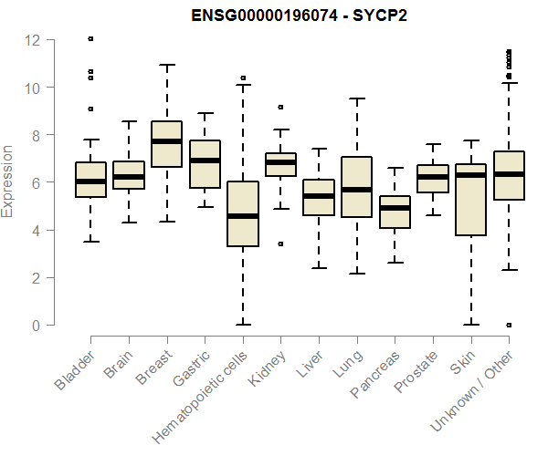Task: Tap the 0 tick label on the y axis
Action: [x=37, y=325]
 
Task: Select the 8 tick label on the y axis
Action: [x=37, y=135]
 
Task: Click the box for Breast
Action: [x=166, y=144]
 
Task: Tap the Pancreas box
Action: [x=395, y=212]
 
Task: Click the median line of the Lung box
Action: [x=356, y=190]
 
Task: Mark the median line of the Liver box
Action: [x=319, y=196]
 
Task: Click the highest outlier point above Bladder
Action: [x=90, y=38]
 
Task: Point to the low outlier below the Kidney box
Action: [x=280, y=244]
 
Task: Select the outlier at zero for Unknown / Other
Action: [x=509, y=325]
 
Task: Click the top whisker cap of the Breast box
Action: [x=166, y=65]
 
